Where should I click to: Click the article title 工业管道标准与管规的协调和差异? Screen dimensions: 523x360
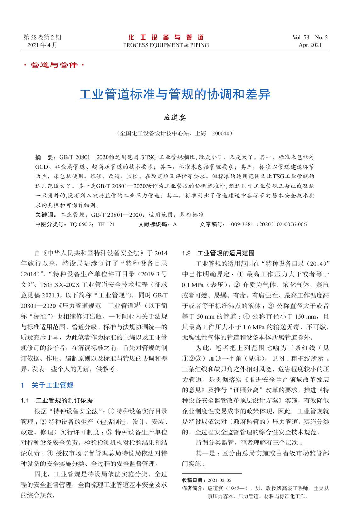click(x=175, y=94)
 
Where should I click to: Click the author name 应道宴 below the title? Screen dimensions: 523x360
click(x=175, y=117)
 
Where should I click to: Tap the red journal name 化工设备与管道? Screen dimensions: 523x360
click(x=166, y=37)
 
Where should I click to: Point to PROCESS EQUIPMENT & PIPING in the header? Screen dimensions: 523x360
click(x=166, y=45)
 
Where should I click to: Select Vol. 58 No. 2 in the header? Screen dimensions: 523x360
click(x=310, y=37)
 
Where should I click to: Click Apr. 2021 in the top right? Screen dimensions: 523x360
click(x=310, y=45)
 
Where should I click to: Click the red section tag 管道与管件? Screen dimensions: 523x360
click(x=54, y=65)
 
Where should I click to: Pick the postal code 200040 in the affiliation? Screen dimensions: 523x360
click(x=221, y=133)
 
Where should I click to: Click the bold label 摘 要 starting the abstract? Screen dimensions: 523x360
click(x=44, y=157)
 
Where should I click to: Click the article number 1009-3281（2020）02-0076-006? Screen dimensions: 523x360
click(x=268, y=224)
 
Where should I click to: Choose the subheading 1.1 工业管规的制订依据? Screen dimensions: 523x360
click(x=57, y=400)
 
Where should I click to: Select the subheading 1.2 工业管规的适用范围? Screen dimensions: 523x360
click(x=218, y=253)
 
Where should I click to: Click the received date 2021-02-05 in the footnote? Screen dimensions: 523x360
click(x=219, y=480)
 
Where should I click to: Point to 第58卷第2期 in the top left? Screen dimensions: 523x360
click(x=42, y=37)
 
